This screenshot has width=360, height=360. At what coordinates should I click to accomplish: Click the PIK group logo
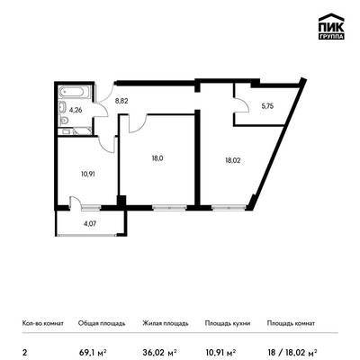point(331,27)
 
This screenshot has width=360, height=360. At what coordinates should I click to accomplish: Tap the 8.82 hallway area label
point(121,101)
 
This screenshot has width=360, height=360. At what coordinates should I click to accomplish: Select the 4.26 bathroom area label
point(76,110)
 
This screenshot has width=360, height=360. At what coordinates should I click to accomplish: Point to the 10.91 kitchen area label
point(88,174)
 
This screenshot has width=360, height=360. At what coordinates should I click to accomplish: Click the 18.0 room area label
point(157,158)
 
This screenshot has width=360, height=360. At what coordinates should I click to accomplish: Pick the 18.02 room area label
point(233,160)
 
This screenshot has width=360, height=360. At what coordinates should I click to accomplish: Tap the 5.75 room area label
point(267,106)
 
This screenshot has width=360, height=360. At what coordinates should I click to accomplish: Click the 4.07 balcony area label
point(90,223)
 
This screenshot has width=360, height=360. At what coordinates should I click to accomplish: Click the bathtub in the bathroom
point(75,92)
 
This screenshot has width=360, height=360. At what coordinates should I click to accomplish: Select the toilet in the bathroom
point(63,121)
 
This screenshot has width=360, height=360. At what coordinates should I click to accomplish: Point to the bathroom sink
point(63,106)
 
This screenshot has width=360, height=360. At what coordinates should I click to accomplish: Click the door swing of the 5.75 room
point(242,105)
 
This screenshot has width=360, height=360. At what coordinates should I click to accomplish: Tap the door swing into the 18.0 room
point(138,123)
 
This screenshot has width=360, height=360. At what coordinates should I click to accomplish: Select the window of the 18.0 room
point(169,207)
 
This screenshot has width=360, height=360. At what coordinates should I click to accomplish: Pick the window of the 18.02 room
point(229,207)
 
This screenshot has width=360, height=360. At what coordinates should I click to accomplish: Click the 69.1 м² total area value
point(93,352)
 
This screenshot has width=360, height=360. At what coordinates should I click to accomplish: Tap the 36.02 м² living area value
point(159,352)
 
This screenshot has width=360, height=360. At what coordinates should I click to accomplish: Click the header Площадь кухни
point(228,323)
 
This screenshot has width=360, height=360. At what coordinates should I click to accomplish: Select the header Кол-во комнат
point(43,323)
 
